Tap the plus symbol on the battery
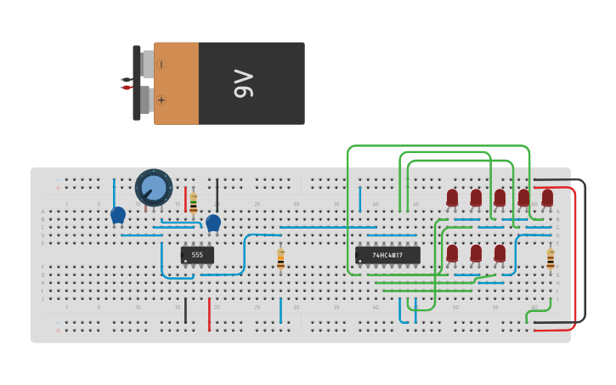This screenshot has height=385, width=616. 161,100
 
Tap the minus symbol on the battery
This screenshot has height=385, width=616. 161,65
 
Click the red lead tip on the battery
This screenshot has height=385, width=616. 126,88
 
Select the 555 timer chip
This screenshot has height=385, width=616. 197,255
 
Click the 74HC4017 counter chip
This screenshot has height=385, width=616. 387,255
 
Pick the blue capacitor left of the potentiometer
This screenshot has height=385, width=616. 118,215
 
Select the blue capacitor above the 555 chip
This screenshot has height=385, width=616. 213,223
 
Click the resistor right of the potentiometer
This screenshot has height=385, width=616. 193,202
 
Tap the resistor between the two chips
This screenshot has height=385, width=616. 280,258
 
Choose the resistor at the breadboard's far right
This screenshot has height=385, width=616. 551,258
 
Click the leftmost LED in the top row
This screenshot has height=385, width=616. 452,198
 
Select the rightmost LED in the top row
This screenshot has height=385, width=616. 547,198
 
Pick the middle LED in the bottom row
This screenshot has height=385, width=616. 476,253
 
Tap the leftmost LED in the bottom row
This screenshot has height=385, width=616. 452,253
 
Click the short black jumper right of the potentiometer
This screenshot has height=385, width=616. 217,194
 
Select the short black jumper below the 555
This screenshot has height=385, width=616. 185,310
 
